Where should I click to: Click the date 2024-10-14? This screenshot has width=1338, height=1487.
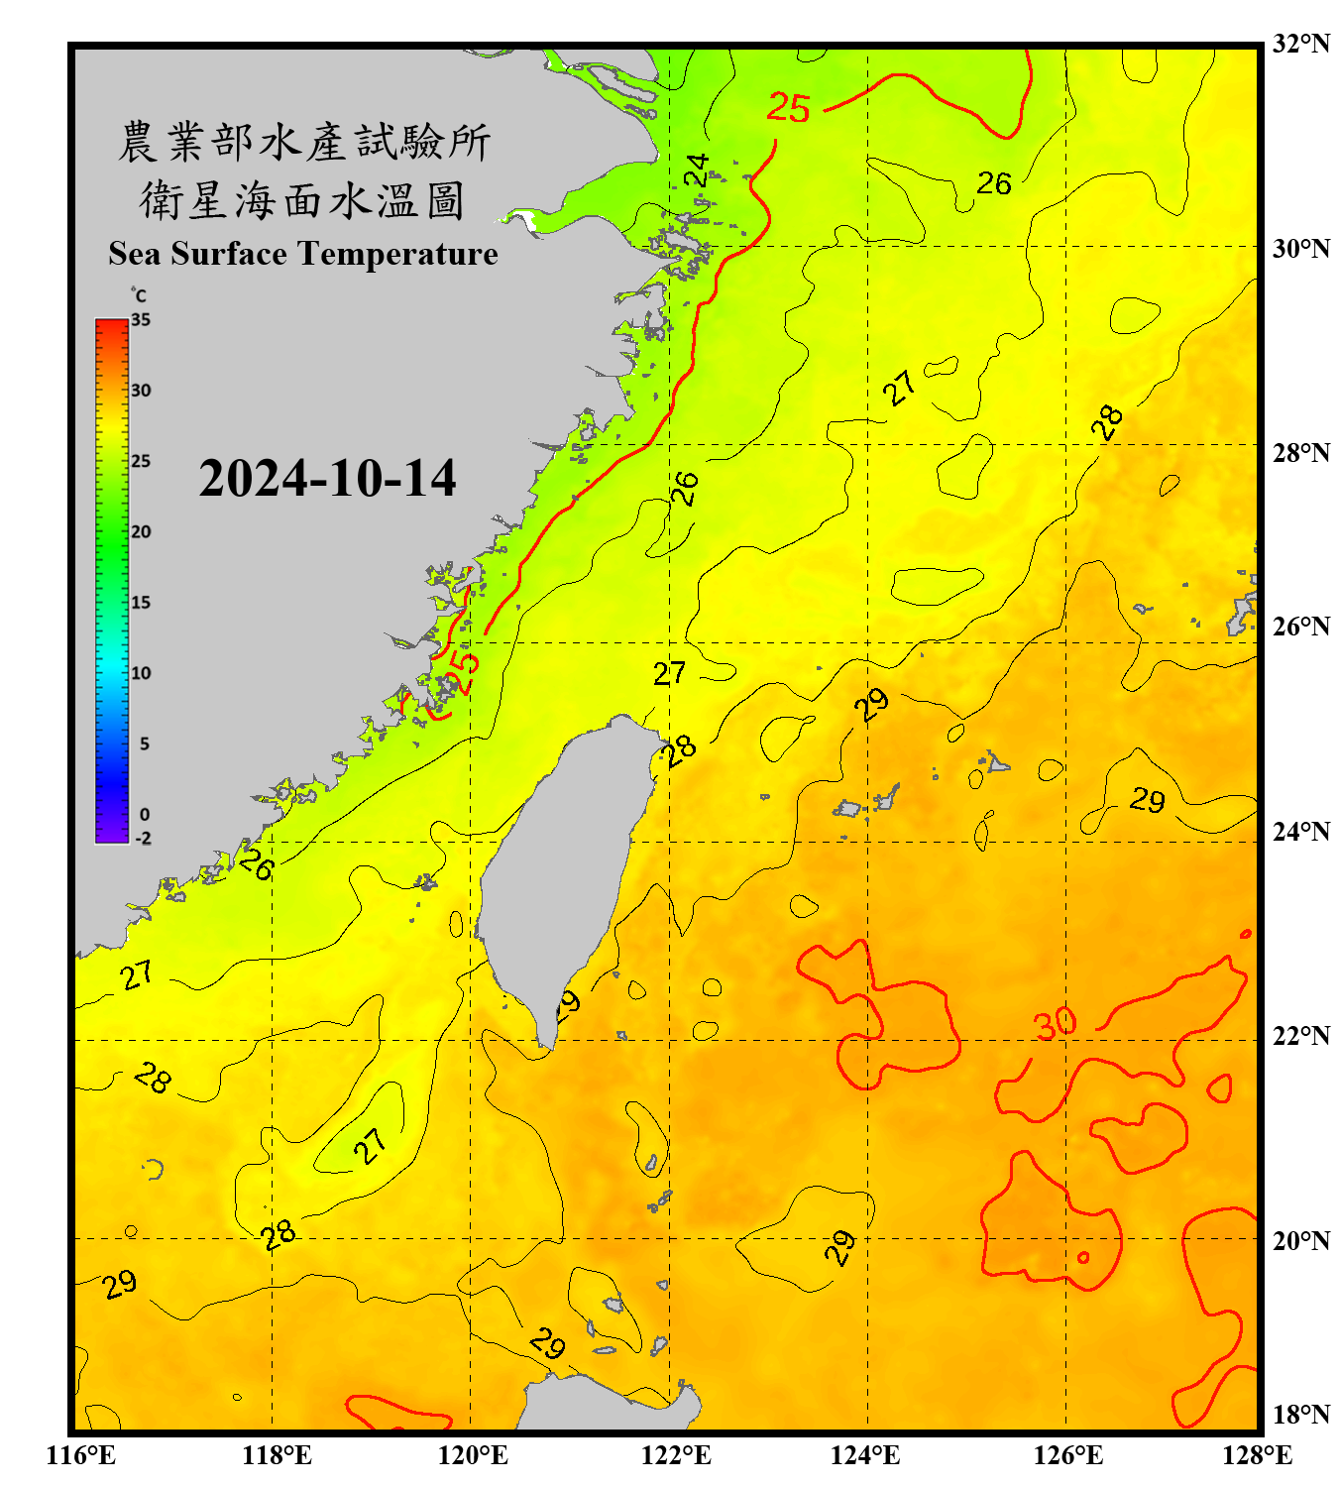click(x=327, y=478)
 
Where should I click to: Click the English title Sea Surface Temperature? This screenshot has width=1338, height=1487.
click(x=303, y=254)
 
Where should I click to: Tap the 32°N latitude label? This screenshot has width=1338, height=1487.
click(x=1300, y=44)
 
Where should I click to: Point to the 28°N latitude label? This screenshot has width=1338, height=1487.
click(x=1300, y=453)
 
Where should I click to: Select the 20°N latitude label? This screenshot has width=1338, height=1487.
click(x=1300, y=1240)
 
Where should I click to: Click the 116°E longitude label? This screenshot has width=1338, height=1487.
click(x=81, y=1455)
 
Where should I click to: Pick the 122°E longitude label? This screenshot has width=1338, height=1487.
click(x=676, y=1455)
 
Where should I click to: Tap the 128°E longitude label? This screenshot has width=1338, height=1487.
click(x=1257, y=1455)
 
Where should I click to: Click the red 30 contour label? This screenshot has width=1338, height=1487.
click(x=1055, y=1023)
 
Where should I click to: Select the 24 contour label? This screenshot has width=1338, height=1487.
click(x=698, y=170)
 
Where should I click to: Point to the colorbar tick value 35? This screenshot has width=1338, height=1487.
click(x=141, y=320)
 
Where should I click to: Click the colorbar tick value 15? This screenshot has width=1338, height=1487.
click(x=141, y=603)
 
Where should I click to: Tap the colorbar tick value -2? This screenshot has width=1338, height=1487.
click(x=143, y=839)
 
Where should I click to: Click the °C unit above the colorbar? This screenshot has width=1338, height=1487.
click(x=139, y=295)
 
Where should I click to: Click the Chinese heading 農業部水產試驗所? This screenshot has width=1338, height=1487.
click(x=304, y=142)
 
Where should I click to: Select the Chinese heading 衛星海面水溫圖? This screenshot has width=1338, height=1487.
click(x=302, y=200)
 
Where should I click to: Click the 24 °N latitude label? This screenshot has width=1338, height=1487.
click(x=1300, y=831)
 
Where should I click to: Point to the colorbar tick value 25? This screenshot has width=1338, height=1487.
click(x=141, y=461)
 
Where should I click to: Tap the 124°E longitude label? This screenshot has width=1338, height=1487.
click(x=865, y=1455)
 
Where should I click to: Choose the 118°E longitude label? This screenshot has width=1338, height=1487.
click(x=277, y=1455)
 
